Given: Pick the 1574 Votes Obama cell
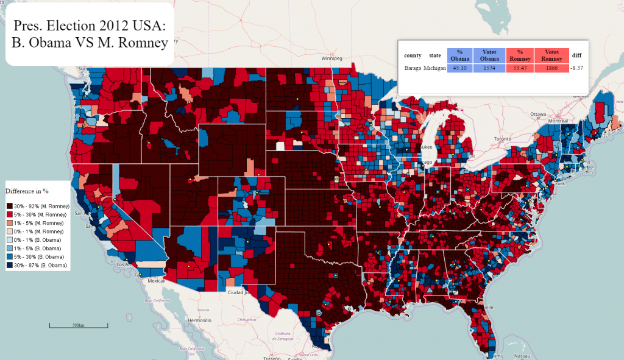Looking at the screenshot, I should click(486, 68).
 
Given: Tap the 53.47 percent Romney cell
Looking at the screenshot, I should click(519, 68).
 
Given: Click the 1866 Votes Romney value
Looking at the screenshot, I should click(551, 68).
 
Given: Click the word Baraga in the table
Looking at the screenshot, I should click(413, 68).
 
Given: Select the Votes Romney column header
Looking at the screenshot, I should click(551, 55).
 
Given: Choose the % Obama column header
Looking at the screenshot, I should click(460, 55).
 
